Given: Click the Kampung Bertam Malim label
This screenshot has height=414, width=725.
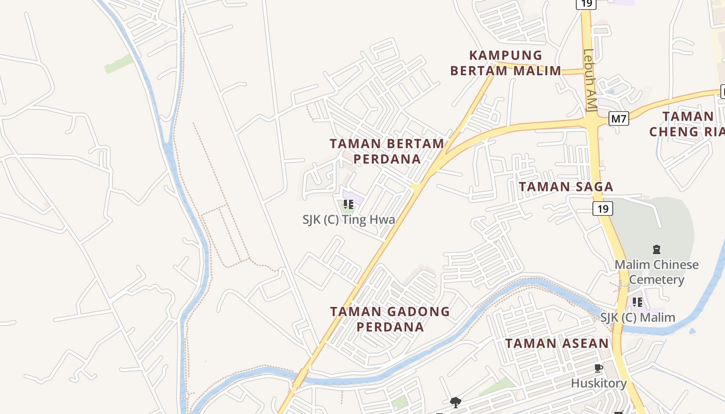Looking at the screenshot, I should click(505, 63).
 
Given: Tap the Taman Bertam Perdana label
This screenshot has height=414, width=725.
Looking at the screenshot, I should click(387, 151).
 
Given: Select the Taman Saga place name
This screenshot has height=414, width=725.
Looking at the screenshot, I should click(566, 187).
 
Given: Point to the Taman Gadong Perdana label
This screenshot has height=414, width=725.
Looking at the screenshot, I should click(390, 319).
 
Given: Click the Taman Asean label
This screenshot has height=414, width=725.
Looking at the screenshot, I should click(557, 343).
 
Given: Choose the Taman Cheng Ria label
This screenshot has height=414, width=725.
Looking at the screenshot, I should click(686, 124).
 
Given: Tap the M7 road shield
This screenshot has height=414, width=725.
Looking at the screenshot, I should click(618, 119).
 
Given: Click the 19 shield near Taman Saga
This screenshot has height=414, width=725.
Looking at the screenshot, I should click(603, 209).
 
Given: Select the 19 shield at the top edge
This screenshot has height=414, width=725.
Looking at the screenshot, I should click(586, 4).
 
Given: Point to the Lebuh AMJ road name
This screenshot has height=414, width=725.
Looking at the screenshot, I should click(590, 80).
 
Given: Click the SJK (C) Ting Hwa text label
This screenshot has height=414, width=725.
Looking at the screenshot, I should click(349, 219).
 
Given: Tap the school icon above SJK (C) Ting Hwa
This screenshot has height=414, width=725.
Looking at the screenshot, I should click(349, 204).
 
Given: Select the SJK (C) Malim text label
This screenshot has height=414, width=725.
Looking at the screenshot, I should click(637, 317).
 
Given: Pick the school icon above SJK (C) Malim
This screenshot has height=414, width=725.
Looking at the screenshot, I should click(637, 302).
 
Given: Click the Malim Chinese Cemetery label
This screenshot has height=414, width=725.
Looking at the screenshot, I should click(656, 272).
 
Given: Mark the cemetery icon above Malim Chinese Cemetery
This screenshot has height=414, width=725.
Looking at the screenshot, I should click(657, 249).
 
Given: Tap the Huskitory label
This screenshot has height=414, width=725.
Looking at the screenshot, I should click(599, 383).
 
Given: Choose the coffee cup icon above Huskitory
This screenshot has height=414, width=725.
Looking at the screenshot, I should click(599, 368).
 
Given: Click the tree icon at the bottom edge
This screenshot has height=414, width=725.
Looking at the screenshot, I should click(456, 402).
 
